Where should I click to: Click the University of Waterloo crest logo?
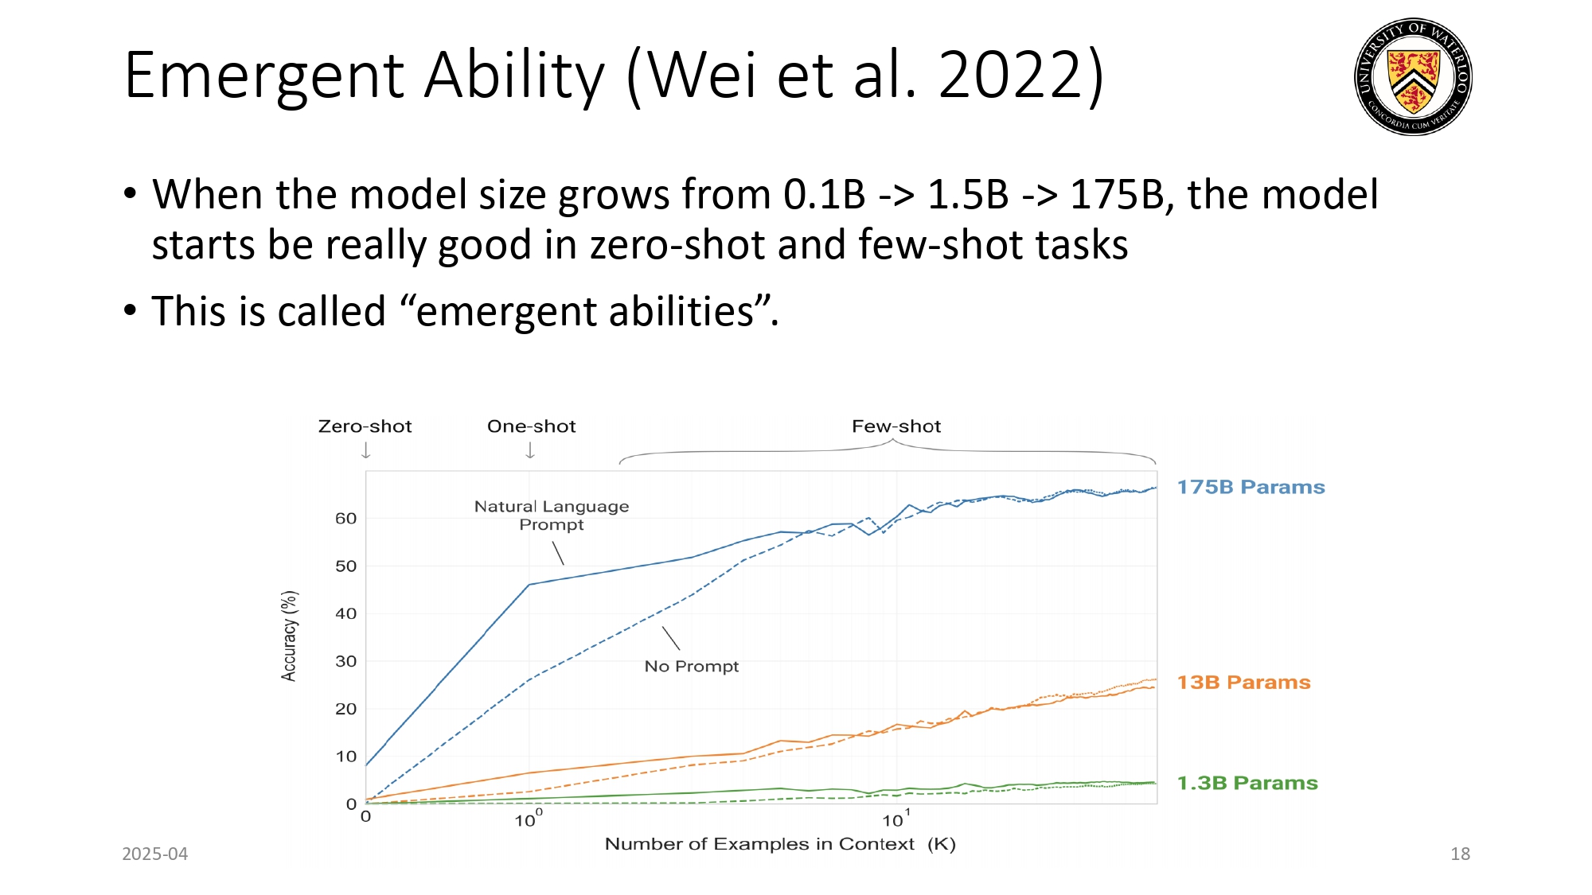[1413, 77]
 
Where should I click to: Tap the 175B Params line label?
[1251, 487]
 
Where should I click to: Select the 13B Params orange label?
[1243, 683]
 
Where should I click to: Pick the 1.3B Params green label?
[1247, 783]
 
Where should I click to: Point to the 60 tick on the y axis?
[345, 519]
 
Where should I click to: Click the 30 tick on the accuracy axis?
[345, 661]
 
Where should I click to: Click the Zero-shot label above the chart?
[365, 426]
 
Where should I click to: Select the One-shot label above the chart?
[531, 426]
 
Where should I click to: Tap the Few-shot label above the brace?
[896, 426]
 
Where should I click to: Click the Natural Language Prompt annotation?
[551, 516]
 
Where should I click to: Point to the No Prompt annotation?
[691, 667]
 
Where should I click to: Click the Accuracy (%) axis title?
[289, 636]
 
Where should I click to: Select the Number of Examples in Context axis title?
[779, 844]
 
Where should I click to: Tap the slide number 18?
[1460, 854]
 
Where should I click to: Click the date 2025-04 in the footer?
[154, 854]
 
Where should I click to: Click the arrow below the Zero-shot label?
[366, 451]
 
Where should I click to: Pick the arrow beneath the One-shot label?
[530, 451]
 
